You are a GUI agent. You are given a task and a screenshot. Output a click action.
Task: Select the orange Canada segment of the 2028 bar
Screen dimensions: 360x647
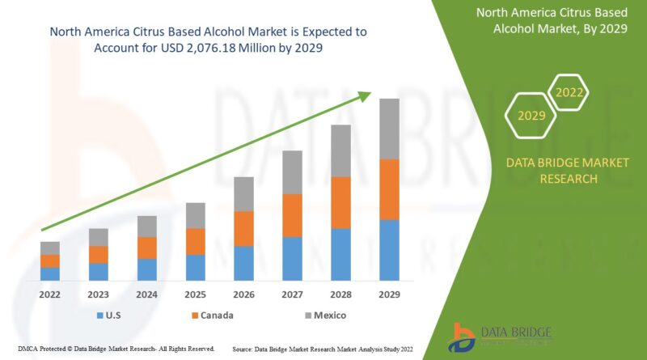pos(340,202)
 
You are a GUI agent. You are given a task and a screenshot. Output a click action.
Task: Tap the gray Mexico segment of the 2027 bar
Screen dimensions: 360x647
pos(292,172)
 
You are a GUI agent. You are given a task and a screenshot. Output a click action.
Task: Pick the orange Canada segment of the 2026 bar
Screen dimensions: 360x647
pos(243,228)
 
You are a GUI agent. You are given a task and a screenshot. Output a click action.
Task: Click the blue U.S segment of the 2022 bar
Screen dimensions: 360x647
pos(50,273)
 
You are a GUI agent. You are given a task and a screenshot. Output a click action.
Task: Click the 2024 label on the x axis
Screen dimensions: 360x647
pos(146,295)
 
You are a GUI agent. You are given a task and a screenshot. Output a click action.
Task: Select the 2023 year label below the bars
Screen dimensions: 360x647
pos(99,295)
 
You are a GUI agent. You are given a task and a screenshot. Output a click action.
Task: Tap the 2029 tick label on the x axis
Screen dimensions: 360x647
pos(389,295)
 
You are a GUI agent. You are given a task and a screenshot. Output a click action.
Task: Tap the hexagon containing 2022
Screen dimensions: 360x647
pos(569,92)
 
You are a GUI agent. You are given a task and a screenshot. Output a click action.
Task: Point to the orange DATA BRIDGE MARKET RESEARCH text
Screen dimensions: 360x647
pos(567,170)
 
